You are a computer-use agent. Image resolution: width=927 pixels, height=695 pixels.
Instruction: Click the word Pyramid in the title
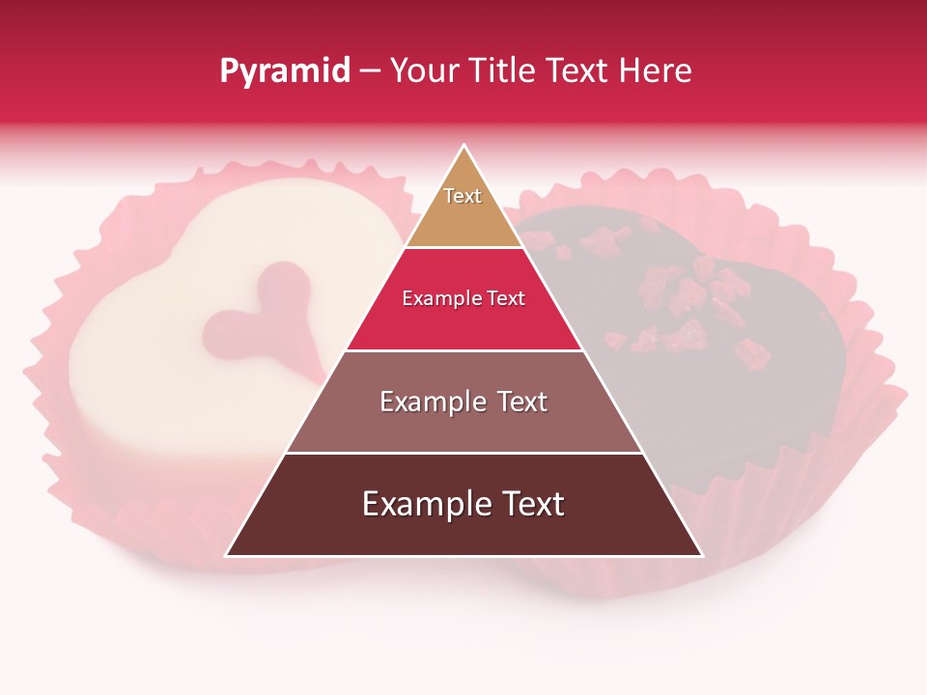click(x=284, y=71)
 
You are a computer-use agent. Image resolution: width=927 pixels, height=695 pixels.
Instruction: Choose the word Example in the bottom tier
click(x=421, y=505)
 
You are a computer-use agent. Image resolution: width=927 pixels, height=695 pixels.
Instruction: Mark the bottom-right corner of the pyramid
click(x=701, y=555)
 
